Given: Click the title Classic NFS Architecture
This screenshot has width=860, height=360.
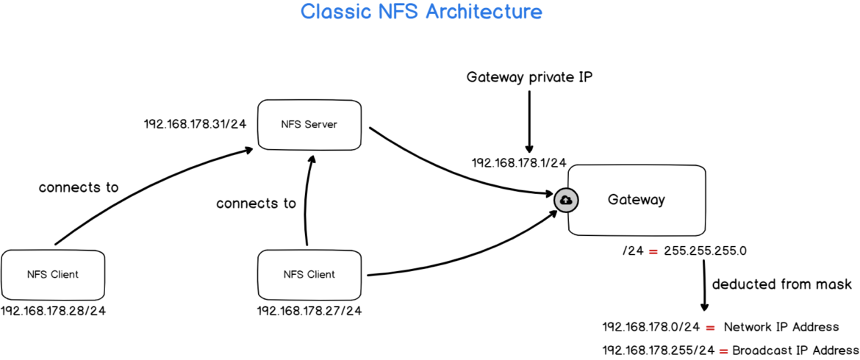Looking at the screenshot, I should pyautogui.click(x=421, y=12).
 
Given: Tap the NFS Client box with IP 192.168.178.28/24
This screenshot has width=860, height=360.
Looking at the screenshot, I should pyautogui.click(x=52, y=274).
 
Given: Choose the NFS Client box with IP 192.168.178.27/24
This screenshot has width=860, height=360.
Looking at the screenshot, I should pyautogui.click(x=309, y=274).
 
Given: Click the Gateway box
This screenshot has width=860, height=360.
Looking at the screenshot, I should pyautogui.click(x=637, y=200).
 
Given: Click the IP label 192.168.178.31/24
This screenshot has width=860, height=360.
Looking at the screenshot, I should pyautogui.click(x=195, y=124).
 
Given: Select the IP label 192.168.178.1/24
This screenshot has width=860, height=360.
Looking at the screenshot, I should pyautogui.click(x=519, y=162).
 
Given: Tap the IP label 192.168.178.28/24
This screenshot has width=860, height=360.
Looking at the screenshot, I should pyautogui.click(x=53, y=311).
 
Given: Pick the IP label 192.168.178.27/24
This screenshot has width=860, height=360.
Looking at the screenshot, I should pyautogui.click(x=309, y=311).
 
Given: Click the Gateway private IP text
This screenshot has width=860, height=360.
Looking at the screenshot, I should pyautogui.click(x=528, y=77).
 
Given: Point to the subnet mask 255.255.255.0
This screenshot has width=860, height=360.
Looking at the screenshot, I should pyautogui.click(x=705, y=251).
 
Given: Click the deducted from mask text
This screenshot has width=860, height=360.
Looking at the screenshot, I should pyautogui.click(x=781, y=284).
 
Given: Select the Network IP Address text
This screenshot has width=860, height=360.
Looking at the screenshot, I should pyautogui.click(x=781, y=327).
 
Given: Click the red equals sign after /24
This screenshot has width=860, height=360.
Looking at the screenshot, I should pyautogui.click(x=653, y=251).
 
